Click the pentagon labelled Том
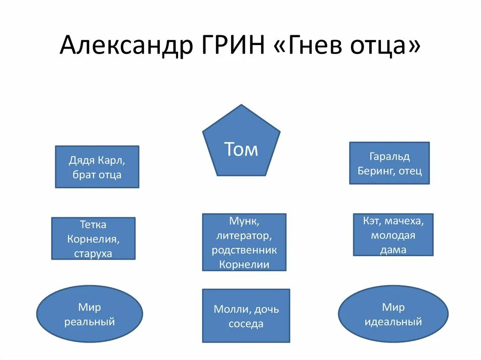(x=241, y=146)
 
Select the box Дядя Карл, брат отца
(x=97, y=167)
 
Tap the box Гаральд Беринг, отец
(x=389, y=163)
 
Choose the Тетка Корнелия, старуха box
(x=93, y=238)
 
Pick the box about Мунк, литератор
(x=244, y=242)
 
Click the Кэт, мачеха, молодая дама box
(x=393, y=234)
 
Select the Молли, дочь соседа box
(x=246, y=315)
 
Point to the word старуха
(x=93, y=253)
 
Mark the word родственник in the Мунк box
(x=244, y=250)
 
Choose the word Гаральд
(x=390, y=156)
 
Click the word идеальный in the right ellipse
(x=393, y=322)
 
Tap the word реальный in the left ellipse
(x=90, y=322)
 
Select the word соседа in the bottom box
(x=246, y=323)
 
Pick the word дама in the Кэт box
(x=393, y=250)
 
